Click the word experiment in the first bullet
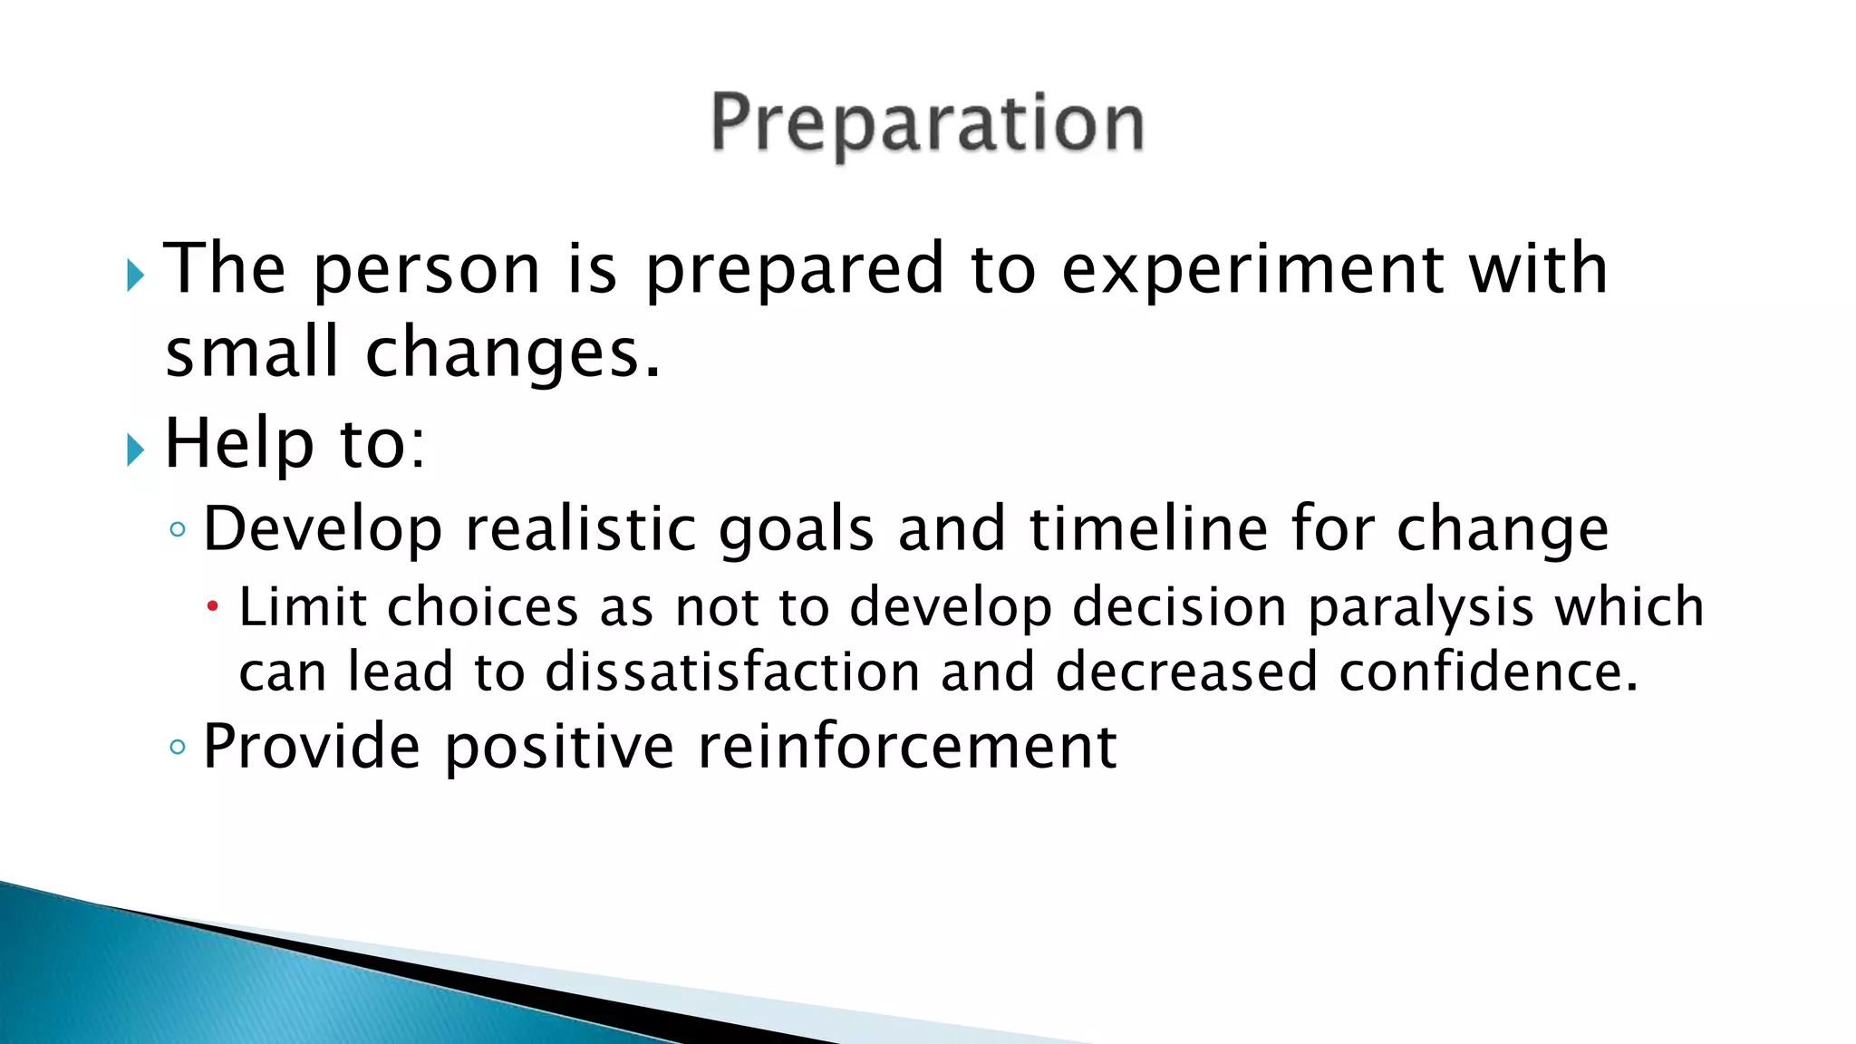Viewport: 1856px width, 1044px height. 1252,269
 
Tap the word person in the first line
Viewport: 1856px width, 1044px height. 427,271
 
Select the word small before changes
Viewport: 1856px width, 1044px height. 252,353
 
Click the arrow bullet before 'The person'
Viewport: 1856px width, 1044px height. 136,275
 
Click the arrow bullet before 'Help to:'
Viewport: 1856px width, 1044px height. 136,449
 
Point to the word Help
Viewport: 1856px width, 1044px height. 238,445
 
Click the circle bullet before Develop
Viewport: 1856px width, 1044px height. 178,529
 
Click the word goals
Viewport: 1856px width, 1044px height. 796,531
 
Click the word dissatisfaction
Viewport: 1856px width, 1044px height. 732,672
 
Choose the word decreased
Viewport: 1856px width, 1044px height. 1185,672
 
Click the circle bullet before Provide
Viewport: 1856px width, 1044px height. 178,748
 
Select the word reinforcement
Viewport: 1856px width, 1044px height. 907,747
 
